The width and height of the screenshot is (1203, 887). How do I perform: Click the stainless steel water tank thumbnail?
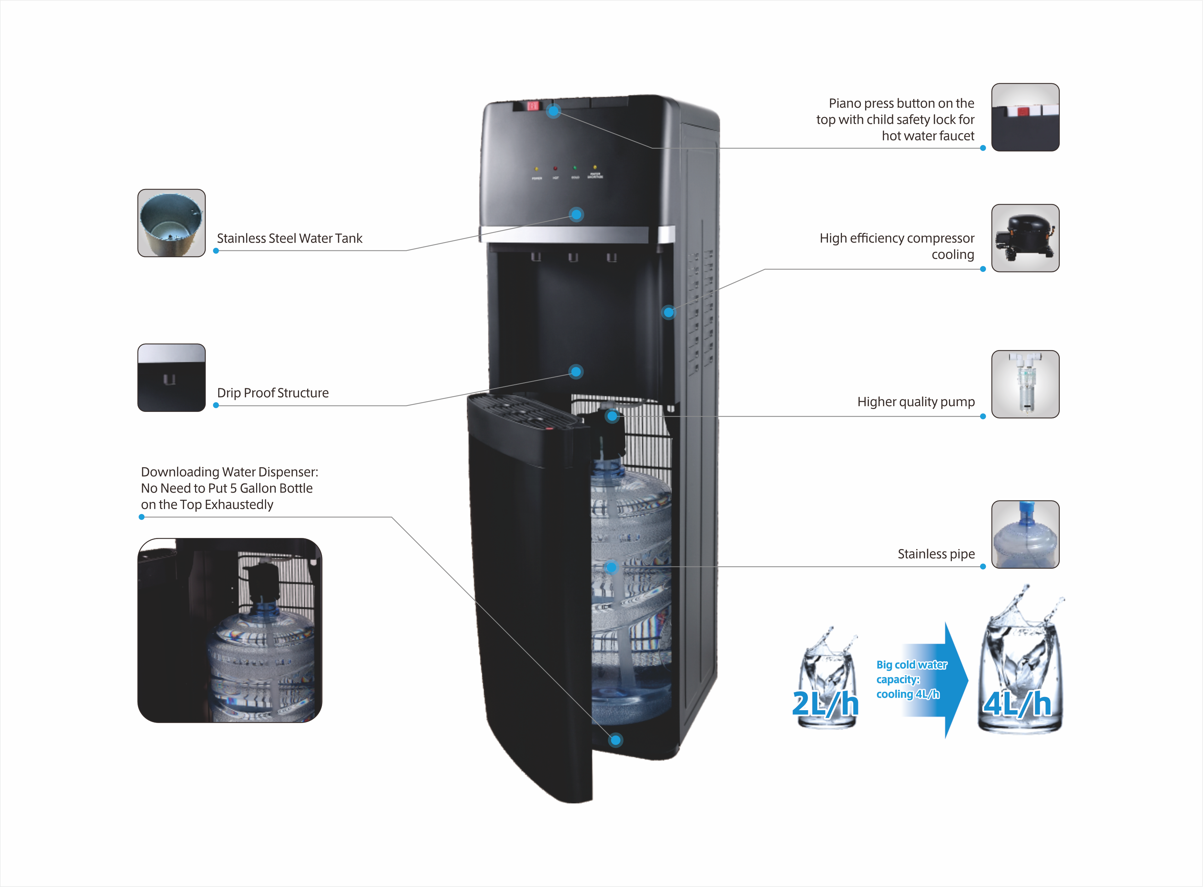(x=171, y=223)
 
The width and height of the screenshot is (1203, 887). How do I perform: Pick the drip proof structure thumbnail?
(x=171, y=378)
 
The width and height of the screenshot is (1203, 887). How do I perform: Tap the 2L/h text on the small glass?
(x=825, y=703)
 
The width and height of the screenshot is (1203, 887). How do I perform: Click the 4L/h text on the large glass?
(x=1017, y=703)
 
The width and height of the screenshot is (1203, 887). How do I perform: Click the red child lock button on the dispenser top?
(x=533, y=105)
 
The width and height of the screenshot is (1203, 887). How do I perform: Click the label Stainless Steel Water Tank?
(x=289, y=238)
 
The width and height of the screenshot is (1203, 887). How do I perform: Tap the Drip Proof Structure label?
(x=273, y=393)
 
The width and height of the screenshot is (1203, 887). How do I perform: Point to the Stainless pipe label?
(x=936, y=554)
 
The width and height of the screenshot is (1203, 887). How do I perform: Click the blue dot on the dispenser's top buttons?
(x=553, y=111)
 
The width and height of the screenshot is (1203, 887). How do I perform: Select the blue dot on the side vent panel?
(x=668, y=312)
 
